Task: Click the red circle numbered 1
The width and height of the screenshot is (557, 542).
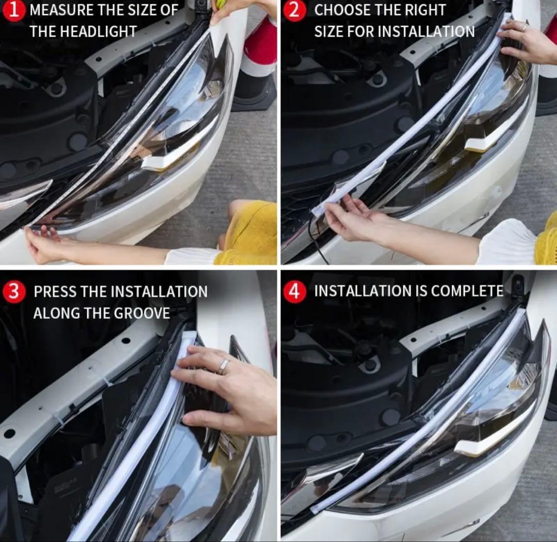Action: (13, 10)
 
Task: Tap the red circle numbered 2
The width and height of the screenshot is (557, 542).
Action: (294, 10)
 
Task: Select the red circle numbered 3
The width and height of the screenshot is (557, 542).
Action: (13, 292)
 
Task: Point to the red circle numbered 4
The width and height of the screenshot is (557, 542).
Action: (294, 292)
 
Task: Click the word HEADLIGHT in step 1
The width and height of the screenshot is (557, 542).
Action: (99, 31)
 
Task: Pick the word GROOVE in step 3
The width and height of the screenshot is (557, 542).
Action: (142, 313)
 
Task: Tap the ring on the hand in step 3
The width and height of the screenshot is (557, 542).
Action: (224, 366)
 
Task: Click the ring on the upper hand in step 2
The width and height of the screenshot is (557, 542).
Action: (524, 27)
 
